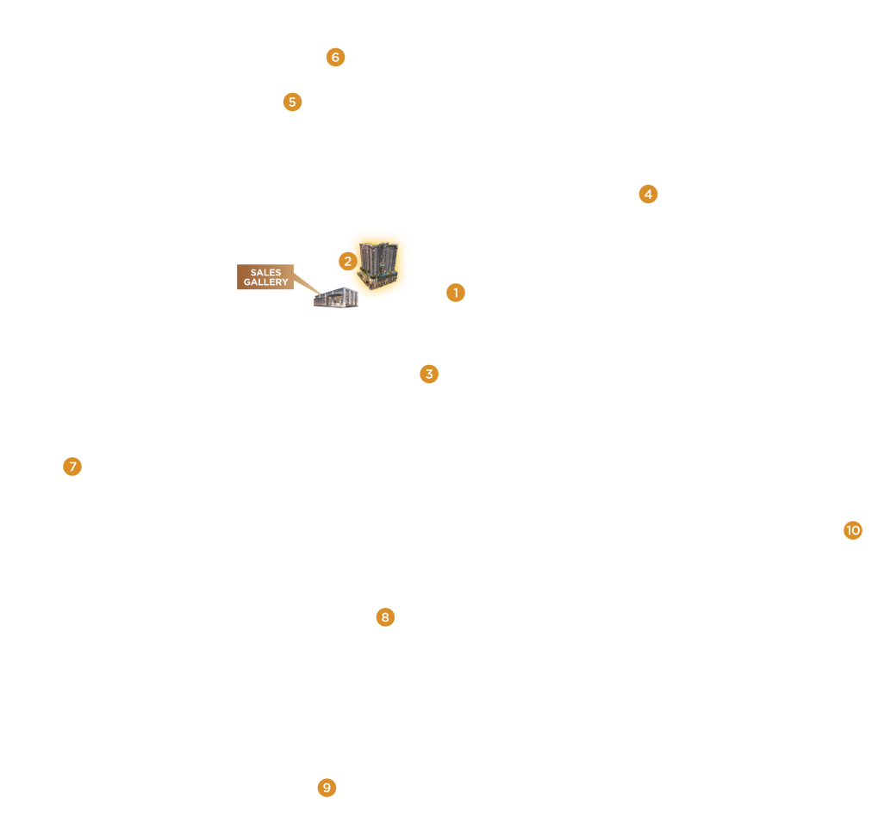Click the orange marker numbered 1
(456, 293)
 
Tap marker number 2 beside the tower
(347, 261)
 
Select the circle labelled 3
(429, 374)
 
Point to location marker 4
(648, 194)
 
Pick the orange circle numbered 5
(292, 102)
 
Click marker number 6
(335, 58)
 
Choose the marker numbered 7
(72, 467)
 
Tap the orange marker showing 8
(385, 617)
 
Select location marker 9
(327, 788)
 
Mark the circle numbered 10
(853, 530)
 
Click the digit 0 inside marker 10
(856, 530)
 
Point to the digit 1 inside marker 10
(849, 530)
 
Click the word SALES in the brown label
(265, 273)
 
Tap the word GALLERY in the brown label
(265, 282)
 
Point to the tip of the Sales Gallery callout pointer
(321, 293)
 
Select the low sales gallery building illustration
(336, 298)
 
